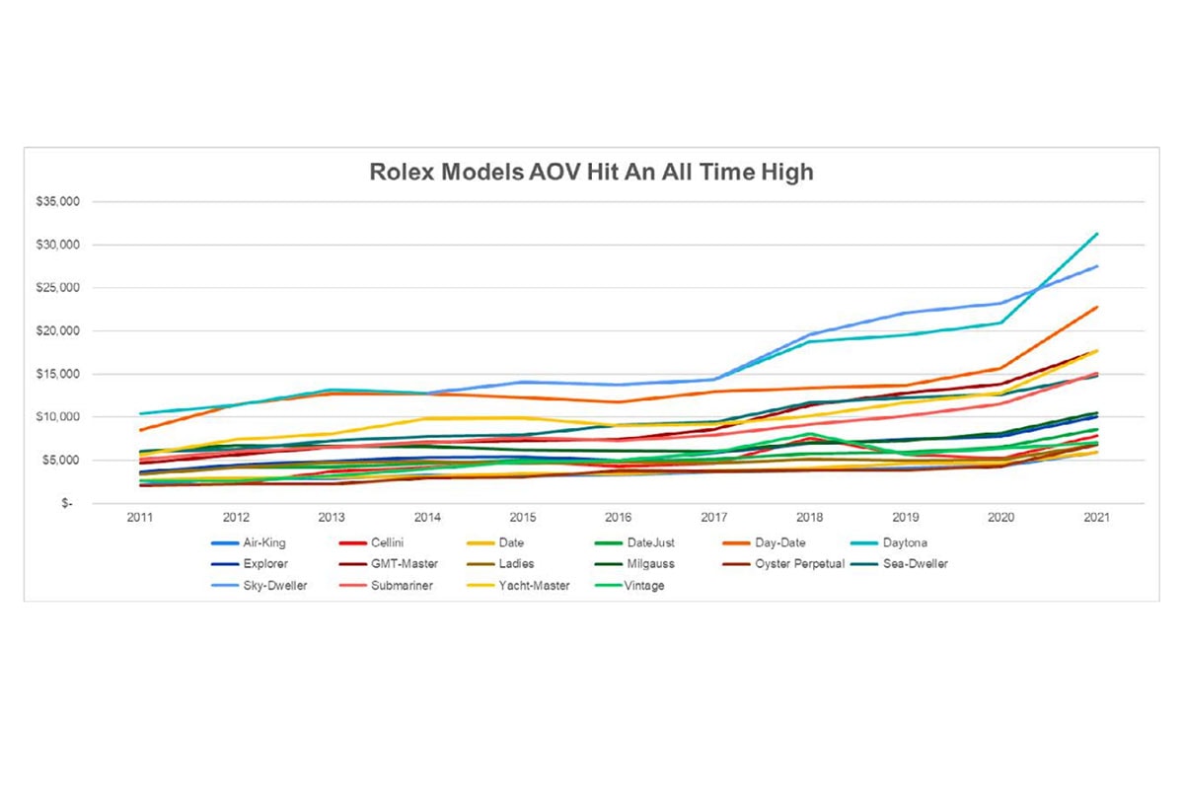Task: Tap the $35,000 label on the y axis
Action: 65,201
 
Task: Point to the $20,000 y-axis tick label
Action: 65,330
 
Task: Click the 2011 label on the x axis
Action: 139,518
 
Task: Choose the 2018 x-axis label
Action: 811,518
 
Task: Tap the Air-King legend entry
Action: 262,542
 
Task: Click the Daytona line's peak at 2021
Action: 1096,234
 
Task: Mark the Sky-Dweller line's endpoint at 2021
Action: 1096,266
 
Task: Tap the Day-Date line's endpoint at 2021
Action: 1096,307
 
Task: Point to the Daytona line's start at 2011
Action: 140,413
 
